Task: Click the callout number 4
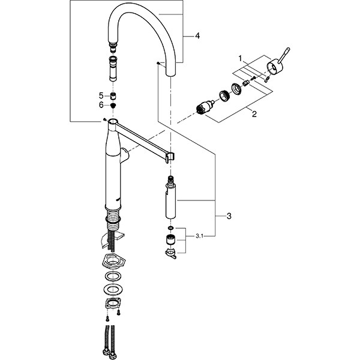[197, 36]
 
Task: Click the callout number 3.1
[200, 236]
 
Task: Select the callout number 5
[101, 95]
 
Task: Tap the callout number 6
[101, 105]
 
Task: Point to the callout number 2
[254, 114]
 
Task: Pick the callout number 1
[240, 59]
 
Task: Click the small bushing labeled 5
[113, 96]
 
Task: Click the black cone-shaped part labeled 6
[113, 106]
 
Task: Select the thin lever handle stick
[284, 55]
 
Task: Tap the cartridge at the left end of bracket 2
[205, 106]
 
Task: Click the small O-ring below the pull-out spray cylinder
[170, 228]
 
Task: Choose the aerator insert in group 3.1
[170, 239]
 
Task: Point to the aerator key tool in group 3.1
[171, 253]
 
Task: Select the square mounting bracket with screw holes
[113, 303]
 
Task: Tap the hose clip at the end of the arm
[170, 157]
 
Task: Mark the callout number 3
[229, 216]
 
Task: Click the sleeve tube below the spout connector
[113, 68]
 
